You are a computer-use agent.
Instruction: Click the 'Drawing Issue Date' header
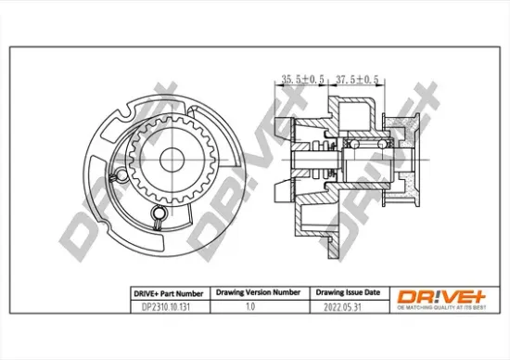(343, 291)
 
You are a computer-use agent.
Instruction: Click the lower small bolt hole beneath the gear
(159, 216)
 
